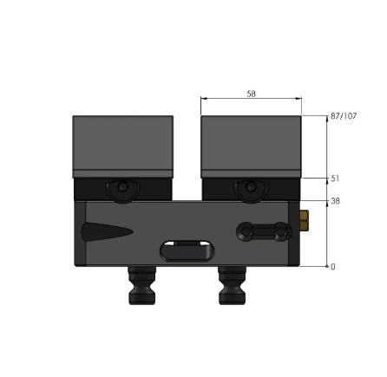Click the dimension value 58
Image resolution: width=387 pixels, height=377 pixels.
[x=251, y=94]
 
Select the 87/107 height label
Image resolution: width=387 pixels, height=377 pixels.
[x=344, y=115]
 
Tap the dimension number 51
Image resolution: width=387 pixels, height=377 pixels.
[x=335, y=179]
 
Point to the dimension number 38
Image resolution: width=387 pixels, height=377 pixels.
[x=335, y=201]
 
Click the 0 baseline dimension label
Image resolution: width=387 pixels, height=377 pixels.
[x=333, y=267]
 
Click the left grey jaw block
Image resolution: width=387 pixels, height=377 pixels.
[x=123, y=146]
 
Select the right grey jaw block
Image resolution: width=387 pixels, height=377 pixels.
[x=252, y=146]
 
